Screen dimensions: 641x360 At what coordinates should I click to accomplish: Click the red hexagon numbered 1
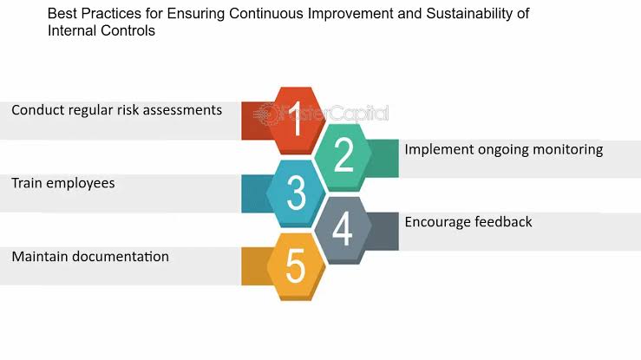click(296, 120)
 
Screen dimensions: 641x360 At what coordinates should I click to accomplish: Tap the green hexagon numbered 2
click(343, 157)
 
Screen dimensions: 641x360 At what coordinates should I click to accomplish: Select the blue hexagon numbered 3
click(296, 193)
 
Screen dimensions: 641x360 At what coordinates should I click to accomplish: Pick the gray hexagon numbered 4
click(343, 230)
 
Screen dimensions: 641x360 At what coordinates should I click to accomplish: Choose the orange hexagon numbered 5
click(296, 267)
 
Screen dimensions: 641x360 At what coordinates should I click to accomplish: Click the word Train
click(27, 183)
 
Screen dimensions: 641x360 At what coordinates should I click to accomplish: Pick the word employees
click(81, 184)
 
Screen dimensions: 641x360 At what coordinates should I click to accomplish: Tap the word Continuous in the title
click(266, 14)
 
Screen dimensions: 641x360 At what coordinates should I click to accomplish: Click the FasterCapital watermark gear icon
click(267, 114)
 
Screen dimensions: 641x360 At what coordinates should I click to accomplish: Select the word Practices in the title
click(111, 14)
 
